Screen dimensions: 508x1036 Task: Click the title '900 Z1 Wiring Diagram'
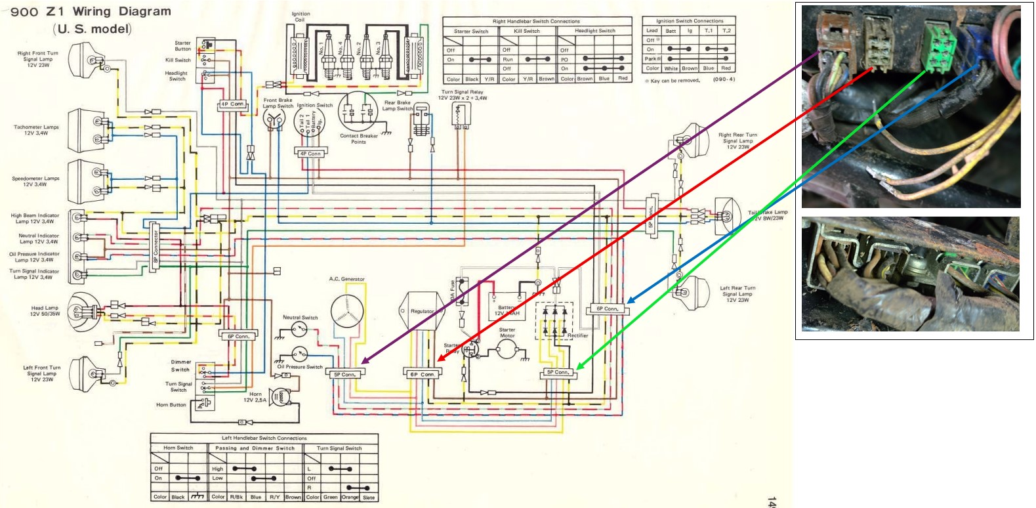pos(91,12)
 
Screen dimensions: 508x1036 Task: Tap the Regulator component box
pos(422,311)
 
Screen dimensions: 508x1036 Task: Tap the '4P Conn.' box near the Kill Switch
pos(233,104)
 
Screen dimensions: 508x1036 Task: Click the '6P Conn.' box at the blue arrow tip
pos(608,308)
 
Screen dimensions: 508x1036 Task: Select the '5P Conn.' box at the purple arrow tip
pos(344,375)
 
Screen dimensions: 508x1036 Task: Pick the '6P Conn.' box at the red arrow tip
pos(423,374)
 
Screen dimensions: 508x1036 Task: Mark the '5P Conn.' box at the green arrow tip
pos(558,372)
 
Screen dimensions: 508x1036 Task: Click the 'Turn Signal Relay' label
pos(462,93)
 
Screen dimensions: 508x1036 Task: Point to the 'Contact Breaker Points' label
pos(358,138)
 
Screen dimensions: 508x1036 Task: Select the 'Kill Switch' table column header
pos(527,31)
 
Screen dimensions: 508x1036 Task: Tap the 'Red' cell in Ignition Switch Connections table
pos(726,68)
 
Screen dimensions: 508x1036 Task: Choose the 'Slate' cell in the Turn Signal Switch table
pos(369,497)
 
